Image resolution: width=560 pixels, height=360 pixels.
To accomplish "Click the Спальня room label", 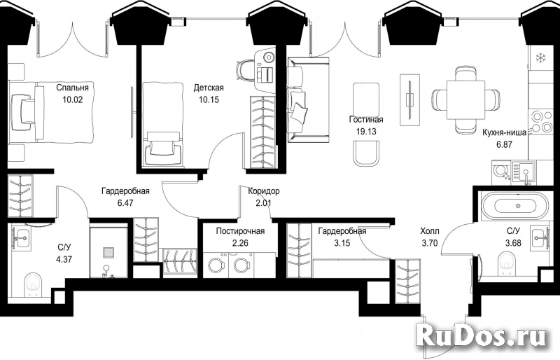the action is pos(72,88).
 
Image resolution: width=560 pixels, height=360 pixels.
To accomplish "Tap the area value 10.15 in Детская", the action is pos(209,99).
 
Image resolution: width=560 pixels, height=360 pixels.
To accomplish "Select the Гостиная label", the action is pos(366,119).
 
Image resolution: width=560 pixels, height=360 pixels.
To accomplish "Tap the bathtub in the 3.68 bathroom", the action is pos(514,205).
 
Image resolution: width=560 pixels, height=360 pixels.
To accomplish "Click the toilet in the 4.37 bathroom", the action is pos(34,284).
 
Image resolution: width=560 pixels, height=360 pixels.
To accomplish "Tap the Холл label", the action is pos(430,231).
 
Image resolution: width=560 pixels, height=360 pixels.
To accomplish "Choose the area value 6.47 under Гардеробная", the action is pos(125,203).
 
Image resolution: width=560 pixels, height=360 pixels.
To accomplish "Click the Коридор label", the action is pos(264,191).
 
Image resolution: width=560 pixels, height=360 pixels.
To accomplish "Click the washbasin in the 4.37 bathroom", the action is pos(22,236).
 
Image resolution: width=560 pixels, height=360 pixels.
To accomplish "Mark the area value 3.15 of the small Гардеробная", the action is pos(342,244).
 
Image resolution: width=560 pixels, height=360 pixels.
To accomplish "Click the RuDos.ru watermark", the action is pos(482,337).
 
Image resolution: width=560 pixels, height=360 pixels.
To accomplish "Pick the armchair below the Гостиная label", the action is pos(365,153).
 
